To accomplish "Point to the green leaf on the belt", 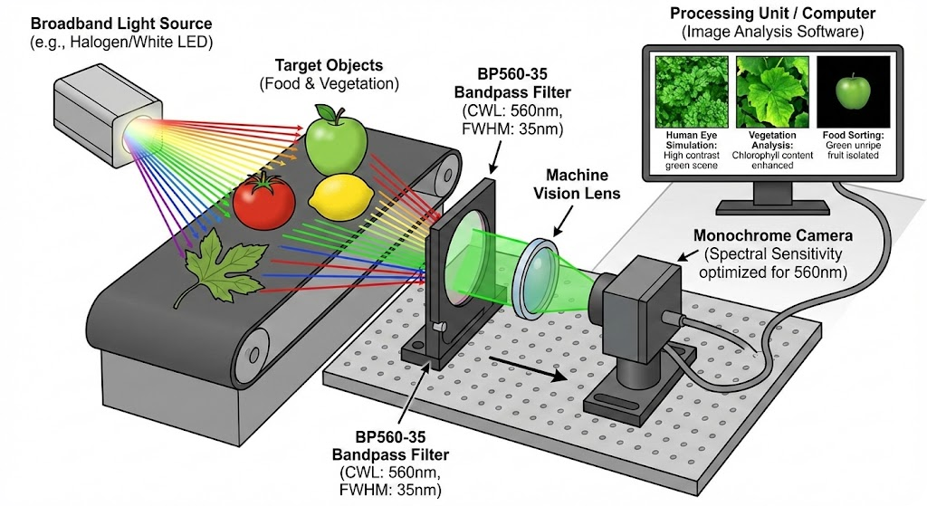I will [x=213, y=266].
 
